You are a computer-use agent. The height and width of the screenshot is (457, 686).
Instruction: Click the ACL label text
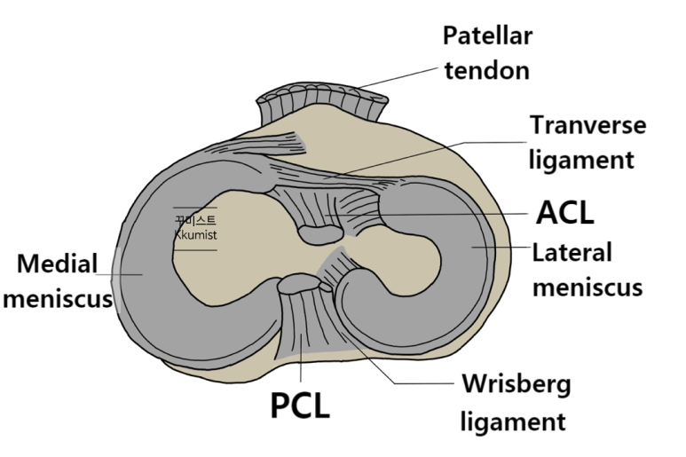(x=565, y=213)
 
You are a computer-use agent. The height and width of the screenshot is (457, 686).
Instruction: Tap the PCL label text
(x=300, y=406)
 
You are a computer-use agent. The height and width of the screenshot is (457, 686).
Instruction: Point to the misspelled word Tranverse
(x=587, y=125)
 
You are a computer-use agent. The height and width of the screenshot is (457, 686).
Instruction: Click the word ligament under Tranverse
(x=581, y=161)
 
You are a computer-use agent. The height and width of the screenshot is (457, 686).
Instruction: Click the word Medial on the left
(x=58, y=264)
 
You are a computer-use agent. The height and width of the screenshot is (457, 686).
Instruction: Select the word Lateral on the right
(x=572, y=252)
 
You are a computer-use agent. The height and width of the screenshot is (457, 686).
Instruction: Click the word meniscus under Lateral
(x=587, y=288)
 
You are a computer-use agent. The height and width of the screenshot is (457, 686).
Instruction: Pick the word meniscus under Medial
(x=57, y=298)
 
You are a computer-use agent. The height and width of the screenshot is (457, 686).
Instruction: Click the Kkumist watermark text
(x=195, y=235)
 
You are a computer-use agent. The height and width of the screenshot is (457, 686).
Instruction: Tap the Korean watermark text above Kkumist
(x=195, y=220)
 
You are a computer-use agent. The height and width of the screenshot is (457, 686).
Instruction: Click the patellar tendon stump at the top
(x=319, y=103)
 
